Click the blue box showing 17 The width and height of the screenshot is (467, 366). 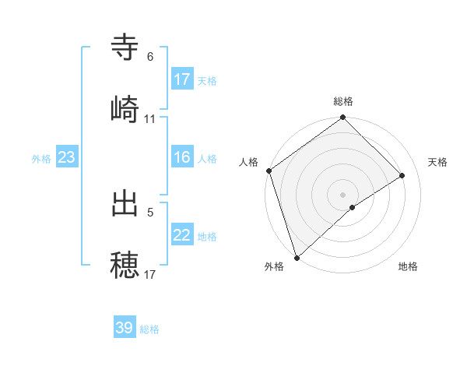click(182, 79)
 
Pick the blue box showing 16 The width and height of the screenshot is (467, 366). click(182, 158)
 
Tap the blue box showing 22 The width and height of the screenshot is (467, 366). click(182, 236)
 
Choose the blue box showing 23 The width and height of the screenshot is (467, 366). click(67, 158)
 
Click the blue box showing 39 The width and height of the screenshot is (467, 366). click(125, 328)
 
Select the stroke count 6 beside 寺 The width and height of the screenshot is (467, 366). click(150, 57)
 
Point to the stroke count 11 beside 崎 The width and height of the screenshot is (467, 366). click(150, 119)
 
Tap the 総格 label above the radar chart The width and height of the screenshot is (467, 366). click(343, 101)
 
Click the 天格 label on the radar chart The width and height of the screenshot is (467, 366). click(438, 162)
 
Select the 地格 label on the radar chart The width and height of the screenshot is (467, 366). click(408, 267)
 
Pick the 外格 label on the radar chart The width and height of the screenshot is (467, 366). click(274, 267)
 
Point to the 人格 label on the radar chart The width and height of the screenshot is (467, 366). click(249, 162)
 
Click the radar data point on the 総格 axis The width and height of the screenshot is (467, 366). click(343, 118)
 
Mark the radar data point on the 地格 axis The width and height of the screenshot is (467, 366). click(353, 207)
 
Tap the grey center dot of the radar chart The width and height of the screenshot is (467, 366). click(343, 194)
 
